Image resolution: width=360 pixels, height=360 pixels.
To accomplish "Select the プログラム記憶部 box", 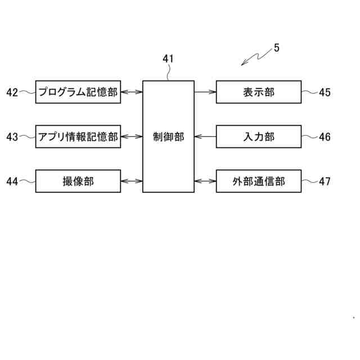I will click(x=78, y=92).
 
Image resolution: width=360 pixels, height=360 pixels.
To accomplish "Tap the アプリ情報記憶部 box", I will click(x=78, y=137).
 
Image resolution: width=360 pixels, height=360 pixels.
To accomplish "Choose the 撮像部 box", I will click(x=78, y=181).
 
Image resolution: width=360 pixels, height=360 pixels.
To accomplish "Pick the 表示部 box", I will click(x=259, y=92).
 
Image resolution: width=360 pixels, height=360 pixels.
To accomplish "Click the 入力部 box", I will click(x=259, y=137).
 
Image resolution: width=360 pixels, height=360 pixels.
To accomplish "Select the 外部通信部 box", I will click(x=259, y=181).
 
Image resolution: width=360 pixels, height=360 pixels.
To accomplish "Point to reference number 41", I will click(x=168, y=58).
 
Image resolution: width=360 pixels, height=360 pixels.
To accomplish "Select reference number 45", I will click(x=325, y=92).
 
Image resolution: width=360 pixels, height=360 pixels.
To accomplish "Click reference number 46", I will click(x=325, y=137).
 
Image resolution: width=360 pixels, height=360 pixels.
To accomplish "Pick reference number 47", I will click(x=325, y=181).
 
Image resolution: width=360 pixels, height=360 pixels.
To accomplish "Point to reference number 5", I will click(x=276, y=48).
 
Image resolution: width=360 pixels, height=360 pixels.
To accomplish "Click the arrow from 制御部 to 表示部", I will click(x=205, y=92).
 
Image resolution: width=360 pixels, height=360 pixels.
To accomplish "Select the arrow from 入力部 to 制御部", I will click(x=205, y=137).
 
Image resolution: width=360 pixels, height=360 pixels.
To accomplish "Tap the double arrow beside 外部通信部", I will click(x=205, y=181).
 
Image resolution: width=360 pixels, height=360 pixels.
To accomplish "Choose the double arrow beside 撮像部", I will click(x=131, y=181).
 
